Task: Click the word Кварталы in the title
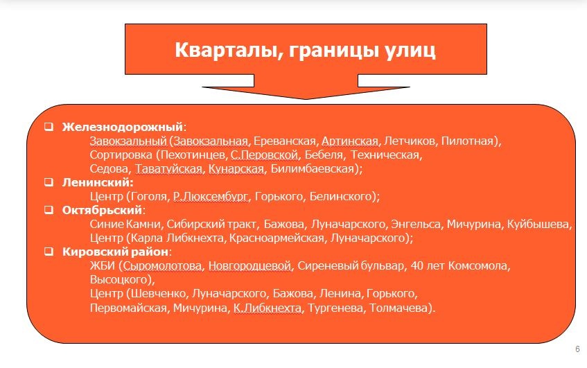pos(227,50)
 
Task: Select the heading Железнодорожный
pos(123,127)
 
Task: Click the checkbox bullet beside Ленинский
pos(49,182)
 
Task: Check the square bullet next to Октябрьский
pos(49,210)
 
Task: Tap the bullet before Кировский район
pos(49,251)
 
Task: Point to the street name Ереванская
pos(285,141)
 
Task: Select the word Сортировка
pos(121,155)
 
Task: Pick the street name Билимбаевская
pos(313,169)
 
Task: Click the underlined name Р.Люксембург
pos(211,197)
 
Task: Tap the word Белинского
pos(341,197)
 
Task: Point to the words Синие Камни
pos(125,225)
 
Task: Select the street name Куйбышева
pos(538,225)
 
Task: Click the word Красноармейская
pos(277,238)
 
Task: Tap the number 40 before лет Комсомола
pos(417,266)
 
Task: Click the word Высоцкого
pos(119,280)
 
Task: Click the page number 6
pos(577,349)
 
